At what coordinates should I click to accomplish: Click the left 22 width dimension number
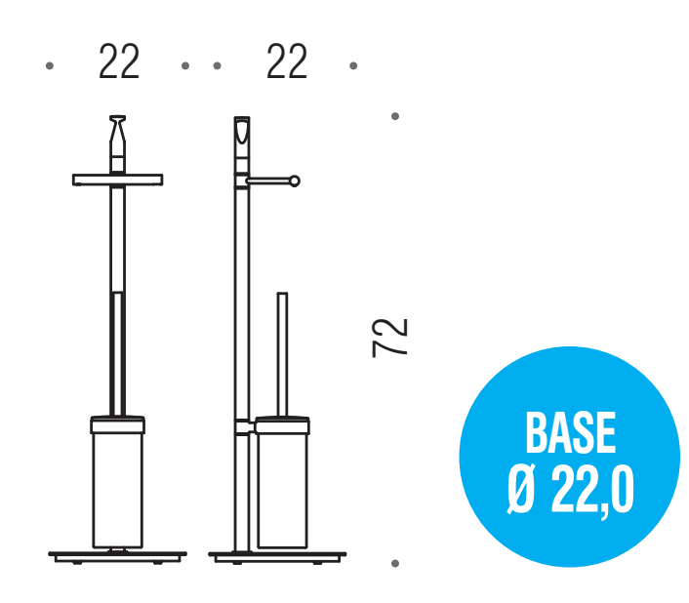point(119,61)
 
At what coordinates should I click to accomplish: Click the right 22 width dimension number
point(287,61)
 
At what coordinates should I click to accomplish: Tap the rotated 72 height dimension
point(390,338)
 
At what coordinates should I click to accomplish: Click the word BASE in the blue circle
point(571,432)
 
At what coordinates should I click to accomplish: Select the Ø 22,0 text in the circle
point(570,490)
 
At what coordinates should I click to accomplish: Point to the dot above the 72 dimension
point(395,116)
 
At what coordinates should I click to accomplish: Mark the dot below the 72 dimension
point(395,563)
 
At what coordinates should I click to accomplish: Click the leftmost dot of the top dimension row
point(50,66)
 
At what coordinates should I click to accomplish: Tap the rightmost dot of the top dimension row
point(353,66)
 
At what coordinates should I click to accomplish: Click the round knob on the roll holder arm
point(295,181)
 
